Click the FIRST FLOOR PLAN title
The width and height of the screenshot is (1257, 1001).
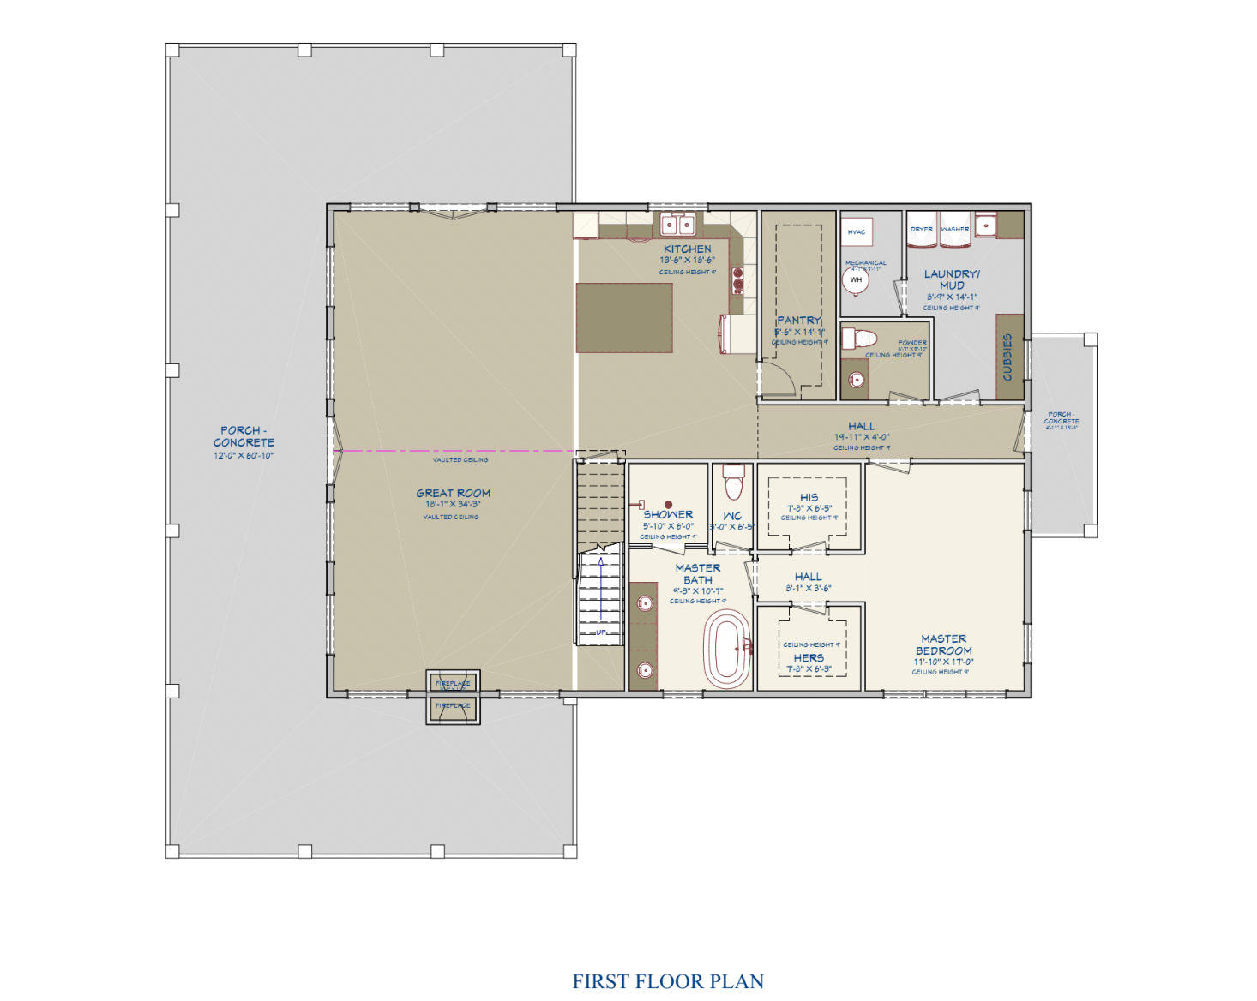668,981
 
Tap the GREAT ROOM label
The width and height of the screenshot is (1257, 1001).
453,493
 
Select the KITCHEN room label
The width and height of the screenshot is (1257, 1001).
687,249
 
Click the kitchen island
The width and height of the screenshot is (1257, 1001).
623,317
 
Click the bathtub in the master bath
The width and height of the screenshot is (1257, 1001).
727,650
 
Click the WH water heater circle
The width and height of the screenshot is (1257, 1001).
856,279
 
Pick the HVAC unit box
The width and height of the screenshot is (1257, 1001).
857,231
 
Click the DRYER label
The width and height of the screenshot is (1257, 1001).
922,229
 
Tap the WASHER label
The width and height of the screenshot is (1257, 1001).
954,229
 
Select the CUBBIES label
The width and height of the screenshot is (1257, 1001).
1007,357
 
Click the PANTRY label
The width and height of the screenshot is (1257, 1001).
799,320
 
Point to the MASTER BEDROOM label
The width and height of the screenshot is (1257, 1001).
943,644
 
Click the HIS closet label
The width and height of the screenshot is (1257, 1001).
809,497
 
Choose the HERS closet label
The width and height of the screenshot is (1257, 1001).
809,657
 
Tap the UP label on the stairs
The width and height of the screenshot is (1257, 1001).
601,632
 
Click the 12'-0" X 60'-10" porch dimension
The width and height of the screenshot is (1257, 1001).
244,455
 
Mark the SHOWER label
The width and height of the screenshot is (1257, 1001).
668,514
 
